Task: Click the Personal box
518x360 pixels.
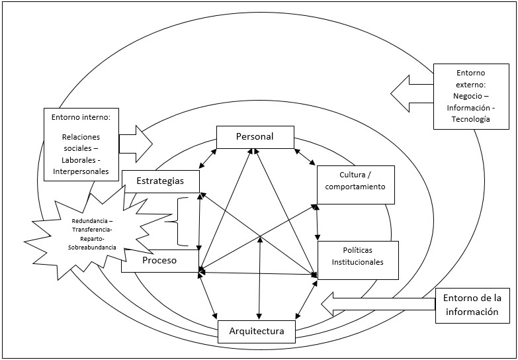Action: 255,137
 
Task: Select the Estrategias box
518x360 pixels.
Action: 161,180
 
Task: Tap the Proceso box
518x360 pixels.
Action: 159,260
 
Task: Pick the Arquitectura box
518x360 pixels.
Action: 257,331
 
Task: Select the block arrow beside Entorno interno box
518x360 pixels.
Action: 135,143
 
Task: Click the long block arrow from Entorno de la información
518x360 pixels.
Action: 377,304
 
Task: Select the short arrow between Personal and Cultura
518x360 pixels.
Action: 305,159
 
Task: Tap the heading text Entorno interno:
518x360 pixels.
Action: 80,117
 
